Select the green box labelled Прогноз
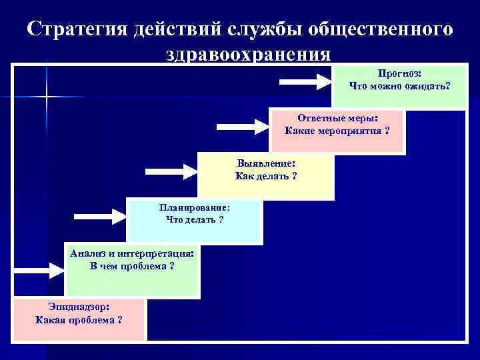coord(399,86)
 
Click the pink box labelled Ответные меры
coord(337,130)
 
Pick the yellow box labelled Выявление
coord(266,177)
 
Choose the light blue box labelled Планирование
coord(194,220)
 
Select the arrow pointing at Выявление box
coord(171,172)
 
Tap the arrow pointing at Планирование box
coord(99,216)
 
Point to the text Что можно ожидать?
coord(399,86)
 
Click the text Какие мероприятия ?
coord(337,130)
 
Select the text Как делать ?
coord(266,177)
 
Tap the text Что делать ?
coord(194,220)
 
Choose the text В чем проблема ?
coord(132,266)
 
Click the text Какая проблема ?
coord(79,320)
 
